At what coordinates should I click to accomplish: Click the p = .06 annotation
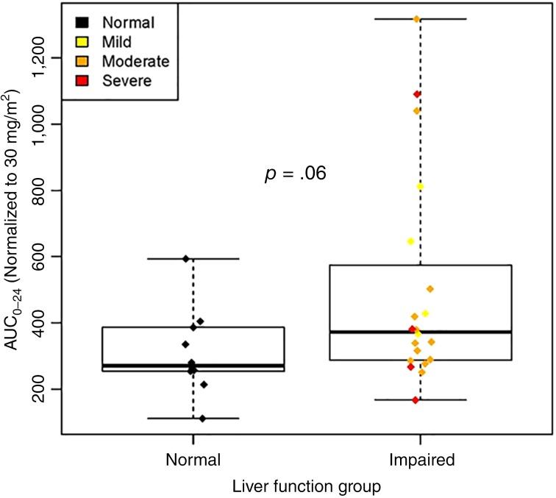295,174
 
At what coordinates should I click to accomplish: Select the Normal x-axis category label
193,459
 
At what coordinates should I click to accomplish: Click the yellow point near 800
420,187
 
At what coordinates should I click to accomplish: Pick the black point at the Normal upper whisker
186,258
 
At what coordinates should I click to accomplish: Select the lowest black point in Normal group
203,419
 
